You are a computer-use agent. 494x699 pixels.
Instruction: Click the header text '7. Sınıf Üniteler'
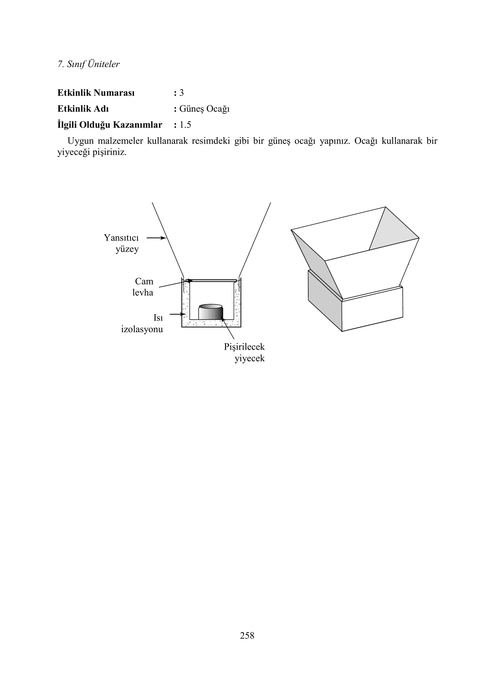[88, 64]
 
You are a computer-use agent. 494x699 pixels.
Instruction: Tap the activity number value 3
[181, 93]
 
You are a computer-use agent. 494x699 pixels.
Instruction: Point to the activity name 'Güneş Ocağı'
[204, 109]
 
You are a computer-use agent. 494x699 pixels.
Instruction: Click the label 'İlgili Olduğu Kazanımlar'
[110, 125]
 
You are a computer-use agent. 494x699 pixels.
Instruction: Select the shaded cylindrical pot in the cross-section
[211, 312]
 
